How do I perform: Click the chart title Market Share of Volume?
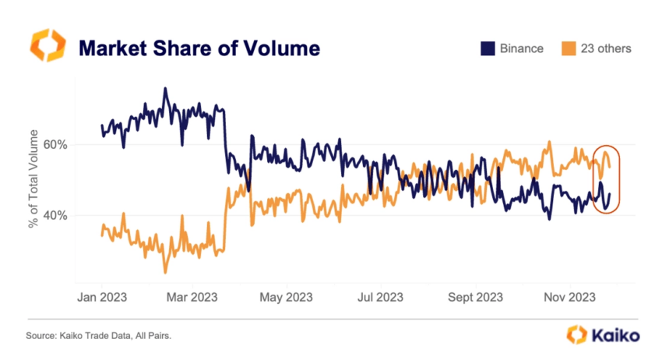pos(199,48)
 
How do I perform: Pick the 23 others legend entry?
pos(605,49)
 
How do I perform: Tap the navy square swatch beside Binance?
pos(488,49)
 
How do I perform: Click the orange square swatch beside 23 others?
pos(568,49)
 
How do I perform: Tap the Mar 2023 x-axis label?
pos(192,298)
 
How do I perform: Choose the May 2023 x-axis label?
pos(286,298)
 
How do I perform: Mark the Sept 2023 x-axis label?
pos(475,298)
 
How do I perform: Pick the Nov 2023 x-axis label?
pos(570,298)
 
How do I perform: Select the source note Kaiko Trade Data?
pos(99,336)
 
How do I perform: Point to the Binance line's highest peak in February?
pos(164,89)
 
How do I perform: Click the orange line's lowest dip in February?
pos(164,271)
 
